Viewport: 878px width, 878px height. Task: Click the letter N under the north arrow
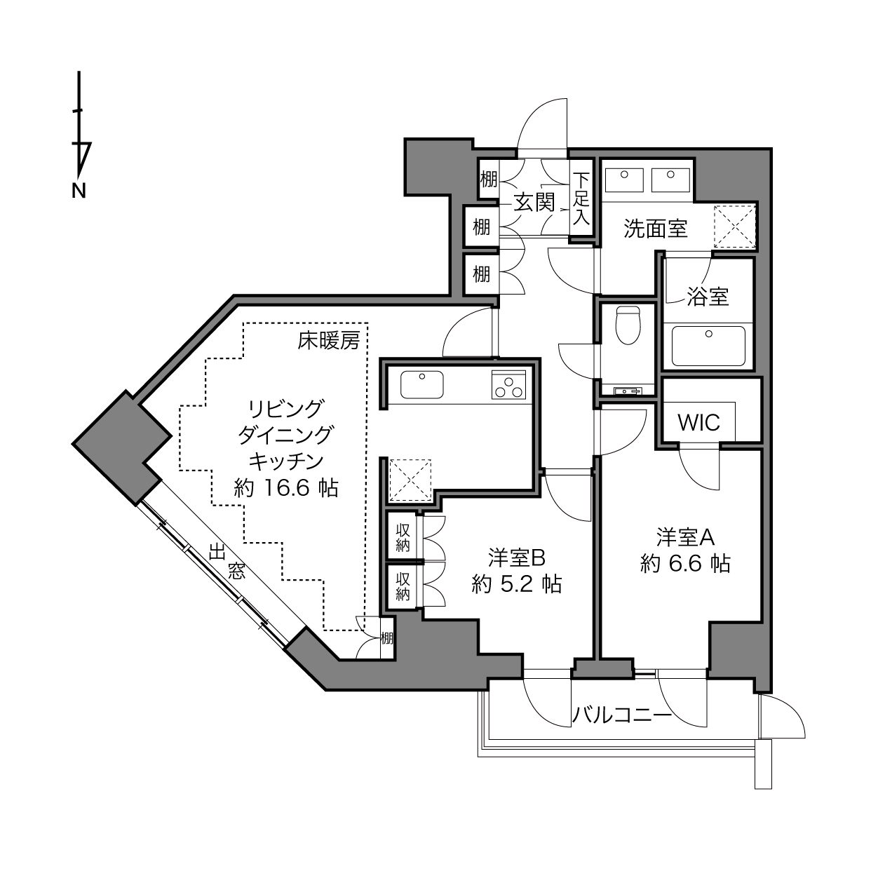point(79,191)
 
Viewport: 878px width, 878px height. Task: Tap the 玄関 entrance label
point(534,202)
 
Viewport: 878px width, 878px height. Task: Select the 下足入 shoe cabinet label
point(581,198)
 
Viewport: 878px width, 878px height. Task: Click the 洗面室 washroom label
point(655,229)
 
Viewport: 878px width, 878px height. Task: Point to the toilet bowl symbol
point(628,325)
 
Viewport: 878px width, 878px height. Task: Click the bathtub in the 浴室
point(708,346)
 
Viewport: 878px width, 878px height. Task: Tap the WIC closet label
point(699,423)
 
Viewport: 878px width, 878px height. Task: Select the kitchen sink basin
point(422,384)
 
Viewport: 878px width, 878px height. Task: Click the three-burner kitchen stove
point(508,384)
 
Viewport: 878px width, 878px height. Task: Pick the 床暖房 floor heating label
point(329,340)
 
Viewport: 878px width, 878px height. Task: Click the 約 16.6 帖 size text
point(286,488)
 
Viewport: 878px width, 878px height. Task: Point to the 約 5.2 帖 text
point(517,584)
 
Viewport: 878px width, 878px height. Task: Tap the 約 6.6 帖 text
point(685,564)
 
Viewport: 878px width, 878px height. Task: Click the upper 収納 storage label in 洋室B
point(403,538)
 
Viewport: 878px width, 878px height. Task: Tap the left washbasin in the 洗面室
point(624,180)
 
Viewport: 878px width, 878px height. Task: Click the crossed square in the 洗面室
point(734,227)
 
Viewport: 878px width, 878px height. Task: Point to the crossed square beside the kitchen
point(410,480)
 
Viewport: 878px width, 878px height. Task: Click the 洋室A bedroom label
point(685,538)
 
